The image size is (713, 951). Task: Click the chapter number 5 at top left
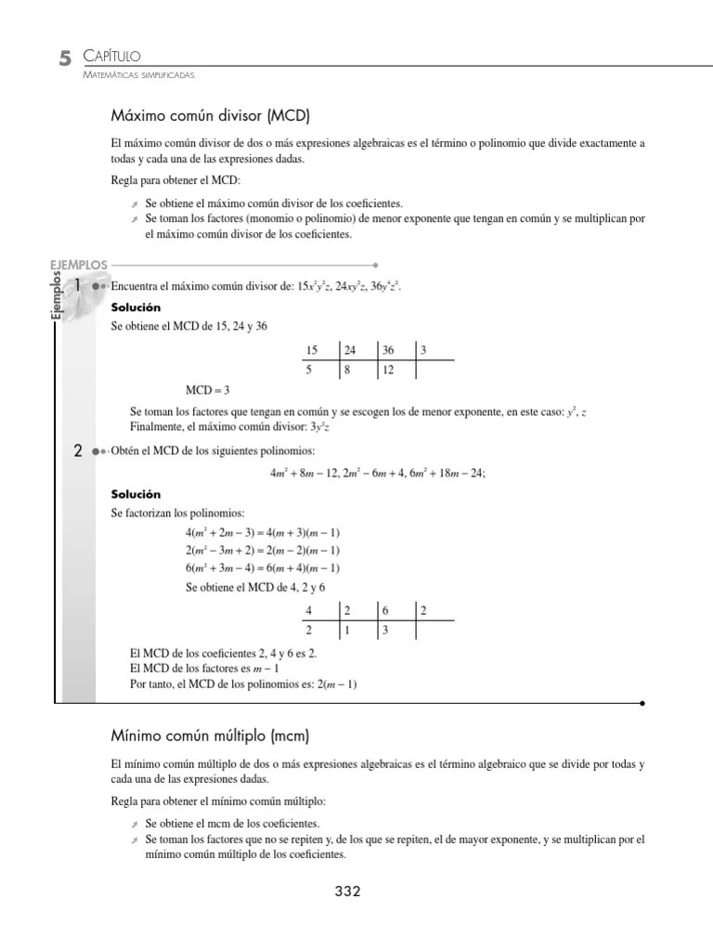pyautogui.click(x=63, y=59)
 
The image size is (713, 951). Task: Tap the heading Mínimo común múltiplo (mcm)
pyautogui.click(x=209, y=736)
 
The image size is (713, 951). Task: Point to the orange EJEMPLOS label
pyautogui.click(x=79, y=265)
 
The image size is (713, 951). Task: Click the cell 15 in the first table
pyautogui.click(x=311, y=350)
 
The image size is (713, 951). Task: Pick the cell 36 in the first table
pyautogui.click(x=388, y=350)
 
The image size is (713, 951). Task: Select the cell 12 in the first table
pyautogui.click(x=388, y=370)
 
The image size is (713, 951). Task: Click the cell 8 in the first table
pyautogui.click(x=348, y=370)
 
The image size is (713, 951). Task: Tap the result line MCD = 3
pyautogui.click(x=207, y=389)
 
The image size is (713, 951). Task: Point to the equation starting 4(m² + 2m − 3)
pyautogui.click(x=263, y=532)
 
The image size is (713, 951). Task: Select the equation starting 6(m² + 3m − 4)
pyautogui.click(x=263, y=568)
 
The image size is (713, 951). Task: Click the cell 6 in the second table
pyautogui.click(x=385, y=610)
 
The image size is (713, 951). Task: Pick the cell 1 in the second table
pyautogui.click(x=347, y=630)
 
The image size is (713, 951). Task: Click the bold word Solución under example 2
pyautogui.click(x=136, y=494)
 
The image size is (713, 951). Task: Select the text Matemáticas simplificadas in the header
pyautogui.click(x=138, y=76)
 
